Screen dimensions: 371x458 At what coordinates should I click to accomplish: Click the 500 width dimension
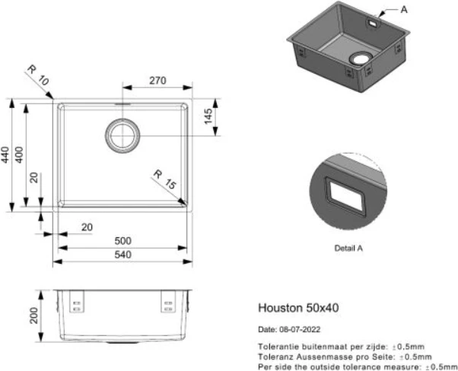tap(122, 241)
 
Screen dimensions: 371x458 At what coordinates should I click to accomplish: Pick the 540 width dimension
tap(122, 255)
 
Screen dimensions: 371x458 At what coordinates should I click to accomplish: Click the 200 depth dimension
tap(34, 316)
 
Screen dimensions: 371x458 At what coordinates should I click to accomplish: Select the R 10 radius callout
tap(36, 75)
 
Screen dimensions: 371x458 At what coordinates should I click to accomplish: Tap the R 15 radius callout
tap(164, 180)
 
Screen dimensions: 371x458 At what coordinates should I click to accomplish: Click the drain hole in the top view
tap(122, 135)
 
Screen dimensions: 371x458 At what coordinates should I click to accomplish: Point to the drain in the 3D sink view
tap(358, 58)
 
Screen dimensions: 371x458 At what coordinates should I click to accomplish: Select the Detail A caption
tap(348, 248)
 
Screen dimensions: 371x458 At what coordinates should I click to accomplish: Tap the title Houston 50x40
tap(299, 309)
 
